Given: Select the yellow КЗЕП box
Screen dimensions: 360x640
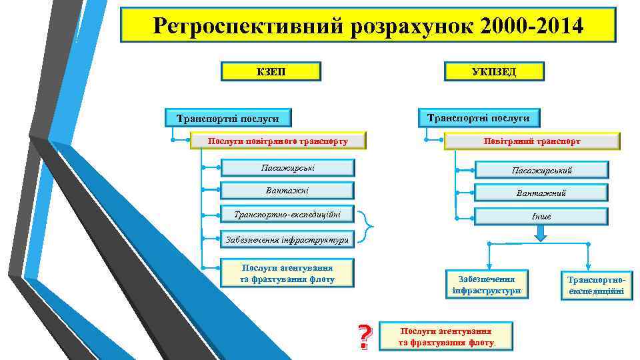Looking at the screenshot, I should (x=271, y=71).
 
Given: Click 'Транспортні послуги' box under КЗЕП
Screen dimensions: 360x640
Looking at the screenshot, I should (x=228, y=119).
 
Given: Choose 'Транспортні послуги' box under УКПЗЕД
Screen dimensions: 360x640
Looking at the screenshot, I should (x=478, y=118).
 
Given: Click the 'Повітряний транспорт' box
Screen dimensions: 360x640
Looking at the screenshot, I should (x=532, y=141).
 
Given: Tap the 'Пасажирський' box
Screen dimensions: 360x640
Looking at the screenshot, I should (x=541, y=171).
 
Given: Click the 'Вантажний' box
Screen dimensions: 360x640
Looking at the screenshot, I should (x=541, y=193).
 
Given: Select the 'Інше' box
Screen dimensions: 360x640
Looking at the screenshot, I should (x=541, y=217).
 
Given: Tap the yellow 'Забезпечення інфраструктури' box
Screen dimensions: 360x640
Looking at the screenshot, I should (x=487, y=285).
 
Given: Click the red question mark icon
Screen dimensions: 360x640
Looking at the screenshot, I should (x=363, y=337).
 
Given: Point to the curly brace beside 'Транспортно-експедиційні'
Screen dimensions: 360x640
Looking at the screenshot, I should (x=367, y=227).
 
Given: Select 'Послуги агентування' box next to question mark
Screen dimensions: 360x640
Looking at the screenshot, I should (x=446, y=337).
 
